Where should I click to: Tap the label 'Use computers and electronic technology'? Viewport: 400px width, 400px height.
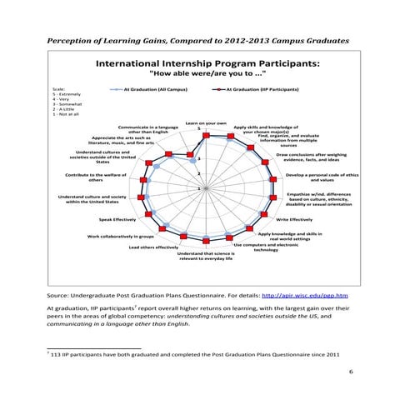[265, 247]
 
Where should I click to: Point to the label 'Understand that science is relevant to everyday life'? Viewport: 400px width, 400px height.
[206, 257]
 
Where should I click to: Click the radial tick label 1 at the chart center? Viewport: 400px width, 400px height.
[197, 187]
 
